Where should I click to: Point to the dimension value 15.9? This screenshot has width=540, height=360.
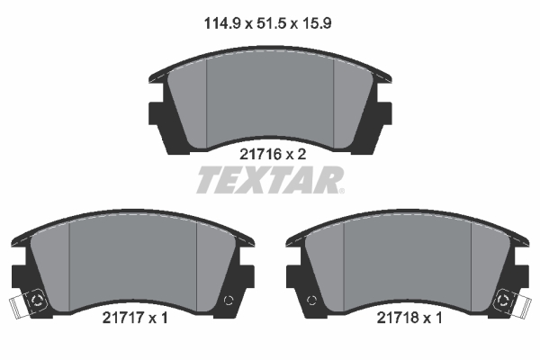317,23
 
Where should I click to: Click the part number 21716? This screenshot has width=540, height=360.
261,154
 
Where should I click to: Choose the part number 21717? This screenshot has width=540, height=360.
123,318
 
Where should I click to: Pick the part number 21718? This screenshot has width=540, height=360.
398,318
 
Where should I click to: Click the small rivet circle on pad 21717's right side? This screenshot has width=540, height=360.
229,301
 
